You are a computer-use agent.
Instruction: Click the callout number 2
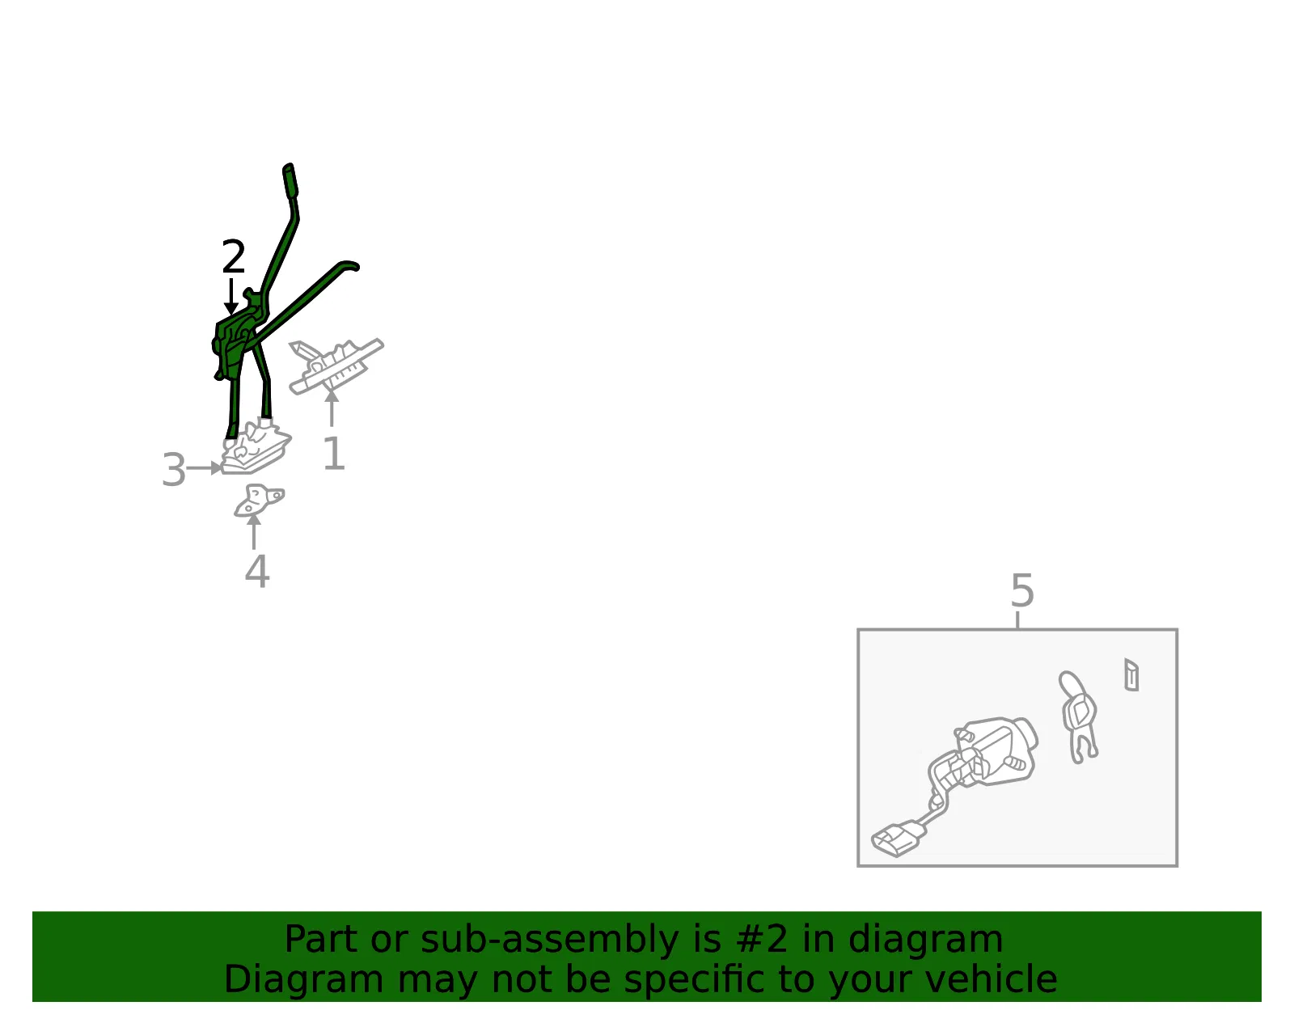[x=233, y=256]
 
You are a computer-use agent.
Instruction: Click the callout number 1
[x=333, y=454]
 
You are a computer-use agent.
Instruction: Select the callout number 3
[x=174, y=470]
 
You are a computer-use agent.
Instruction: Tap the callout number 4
[x=257, y=572]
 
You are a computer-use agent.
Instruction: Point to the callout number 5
[x=1022, y=590]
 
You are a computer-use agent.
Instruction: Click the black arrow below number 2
[x=231, y=297]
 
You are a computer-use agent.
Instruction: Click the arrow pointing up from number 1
[x=332, y=408]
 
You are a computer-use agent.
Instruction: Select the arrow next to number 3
[x=205, y=468]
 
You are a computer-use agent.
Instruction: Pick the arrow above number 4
[x=254, y=531]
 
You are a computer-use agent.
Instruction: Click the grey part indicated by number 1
[x=335, y=366]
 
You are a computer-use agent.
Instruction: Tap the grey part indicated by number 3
[x=256, y=447]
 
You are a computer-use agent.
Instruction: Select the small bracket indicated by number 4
[x=259, y=500]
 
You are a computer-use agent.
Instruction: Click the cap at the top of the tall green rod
[x=290, y=180]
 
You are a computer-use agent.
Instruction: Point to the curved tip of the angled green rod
[x=349, y=265]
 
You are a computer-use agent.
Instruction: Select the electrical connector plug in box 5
[x=896, y=839]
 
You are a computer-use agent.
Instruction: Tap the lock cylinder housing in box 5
[x=996, y=751]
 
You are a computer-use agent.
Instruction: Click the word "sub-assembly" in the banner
[x=549, y=940]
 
